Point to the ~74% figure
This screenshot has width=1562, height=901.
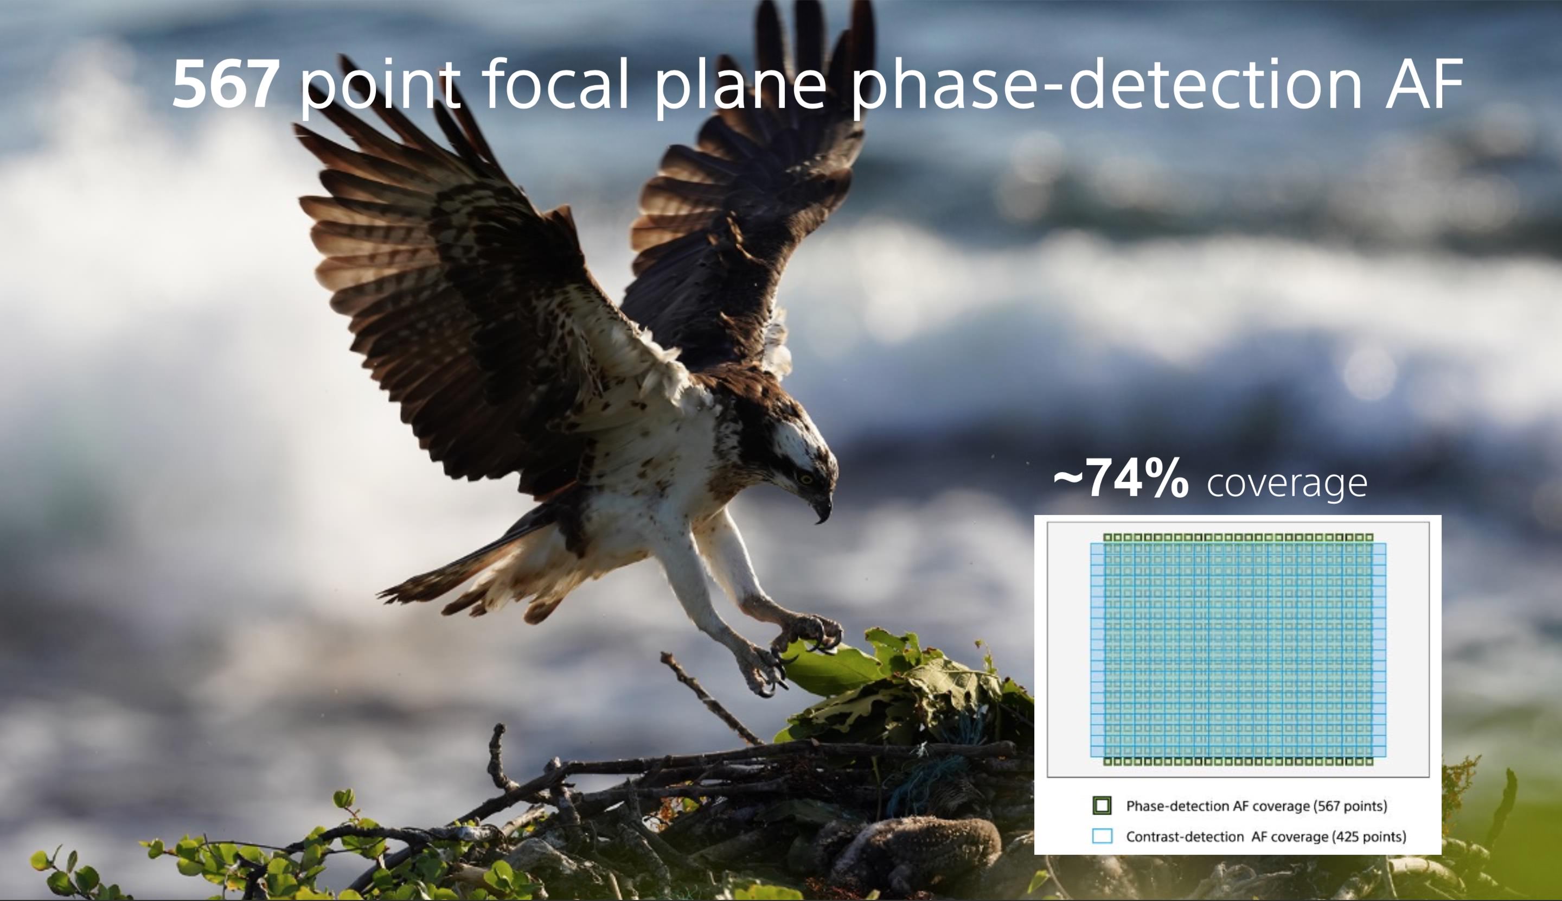pyautogui.click(x=1120, y=478)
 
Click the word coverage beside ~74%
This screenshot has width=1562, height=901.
pyautogui.click(x=1287, y=484)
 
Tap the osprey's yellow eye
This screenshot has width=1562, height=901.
pyautogui.click(x=804, y=478)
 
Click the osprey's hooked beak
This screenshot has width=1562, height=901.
pyautogui.click(x=822, y=506)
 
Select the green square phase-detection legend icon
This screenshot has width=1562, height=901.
pyautogui.click(x=1102, y=805)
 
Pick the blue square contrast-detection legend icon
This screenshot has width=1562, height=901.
pyautogui.click(x=1102, y=836)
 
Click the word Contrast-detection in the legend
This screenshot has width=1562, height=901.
pyautogui.click(x=1184, y=836)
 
